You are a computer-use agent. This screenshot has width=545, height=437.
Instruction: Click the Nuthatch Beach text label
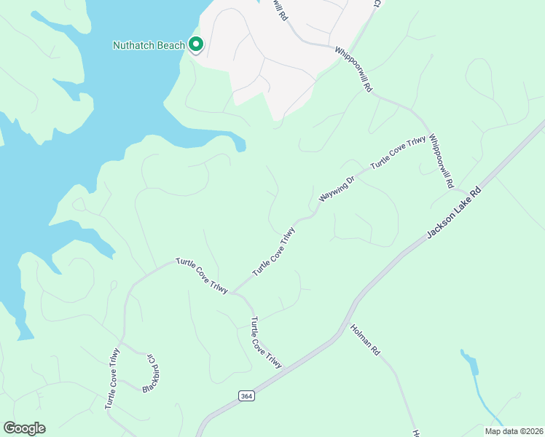[149, 45]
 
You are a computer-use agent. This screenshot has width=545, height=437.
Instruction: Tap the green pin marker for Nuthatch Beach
[196, 45]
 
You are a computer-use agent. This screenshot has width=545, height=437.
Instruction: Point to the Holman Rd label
[366, 339]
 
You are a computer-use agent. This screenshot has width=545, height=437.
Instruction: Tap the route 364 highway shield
[246, 395]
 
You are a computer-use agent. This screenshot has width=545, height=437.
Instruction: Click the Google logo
[24, 428]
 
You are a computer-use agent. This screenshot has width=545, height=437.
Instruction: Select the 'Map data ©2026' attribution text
[514, 431]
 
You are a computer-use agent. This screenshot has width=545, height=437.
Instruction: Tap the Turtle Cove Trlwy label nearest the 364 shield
[265, 342]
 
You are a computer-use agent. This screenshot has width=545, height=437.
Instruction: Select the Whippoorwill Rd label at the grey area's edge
[354, 69]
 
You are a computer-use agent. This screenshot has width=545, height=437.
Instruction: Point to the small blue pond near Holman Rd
[469, 361]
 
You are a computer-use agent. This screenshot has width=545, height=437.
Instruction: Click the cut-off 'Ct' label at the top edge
[377, 4]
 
